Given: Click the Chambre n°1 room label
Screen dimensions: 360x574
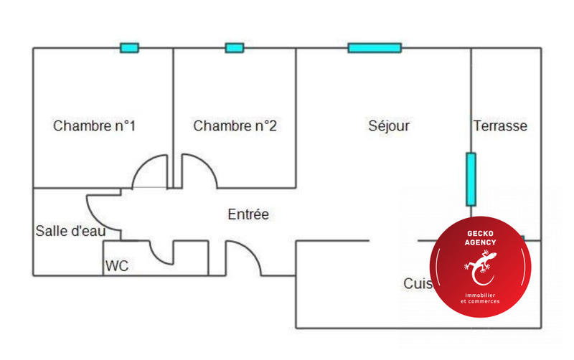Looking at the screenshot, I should pos(95,126).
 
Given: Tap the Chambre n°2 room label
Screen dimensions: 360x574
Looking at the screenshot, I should pos(235,126).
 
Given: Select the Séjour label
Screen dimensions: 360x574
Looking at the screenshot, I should pos(389,126).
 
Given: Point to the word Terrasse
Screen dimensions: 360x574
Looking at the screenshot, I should pos(500,126).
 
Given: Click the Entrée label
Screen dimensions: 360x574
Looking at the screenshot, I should pos(248,214).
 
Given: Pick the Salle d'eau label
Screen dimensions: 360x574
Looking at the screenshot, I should pos(71,231).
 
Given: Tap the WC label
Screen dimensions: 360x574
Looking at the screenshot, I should pos(117,266).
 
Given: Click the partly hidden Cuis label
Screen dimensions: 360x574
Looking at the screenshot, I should pos(417,283).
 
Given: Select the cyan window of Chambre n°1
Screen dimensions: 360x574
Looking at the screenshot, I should pos(129,48).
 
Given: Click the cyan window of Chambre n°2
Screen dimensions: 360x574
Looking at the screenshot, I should pos(235,48).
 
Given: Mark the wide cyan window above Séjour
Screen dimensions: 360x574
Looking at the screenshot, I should pos(375,48).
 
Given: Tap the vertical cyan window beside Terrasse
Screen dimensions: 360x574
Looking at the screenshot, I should pos(471,178).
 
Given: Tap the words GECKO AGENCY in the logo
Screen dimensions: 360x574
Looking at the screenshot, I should pos(481,238).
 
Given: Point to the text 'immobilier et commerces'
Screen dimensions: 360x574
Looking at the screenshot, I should pos(481,298).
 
